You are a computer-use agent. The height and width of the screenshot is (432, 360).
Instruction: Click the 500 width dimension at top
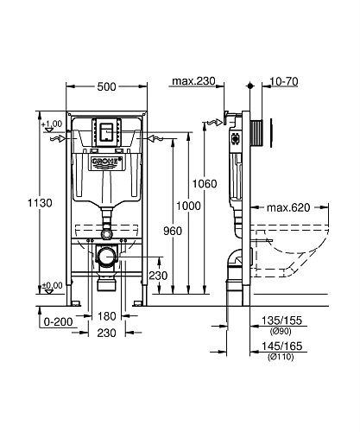point(106,87)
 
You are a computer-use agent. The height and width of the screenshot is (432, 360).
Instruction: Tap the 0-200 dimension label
point(33,321)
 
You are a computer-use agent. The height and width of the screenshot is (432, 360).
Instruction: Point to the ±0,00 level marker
point(52,285)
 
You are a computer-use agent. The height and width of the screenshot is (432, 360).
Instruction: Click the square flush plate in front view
point(106,132)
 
